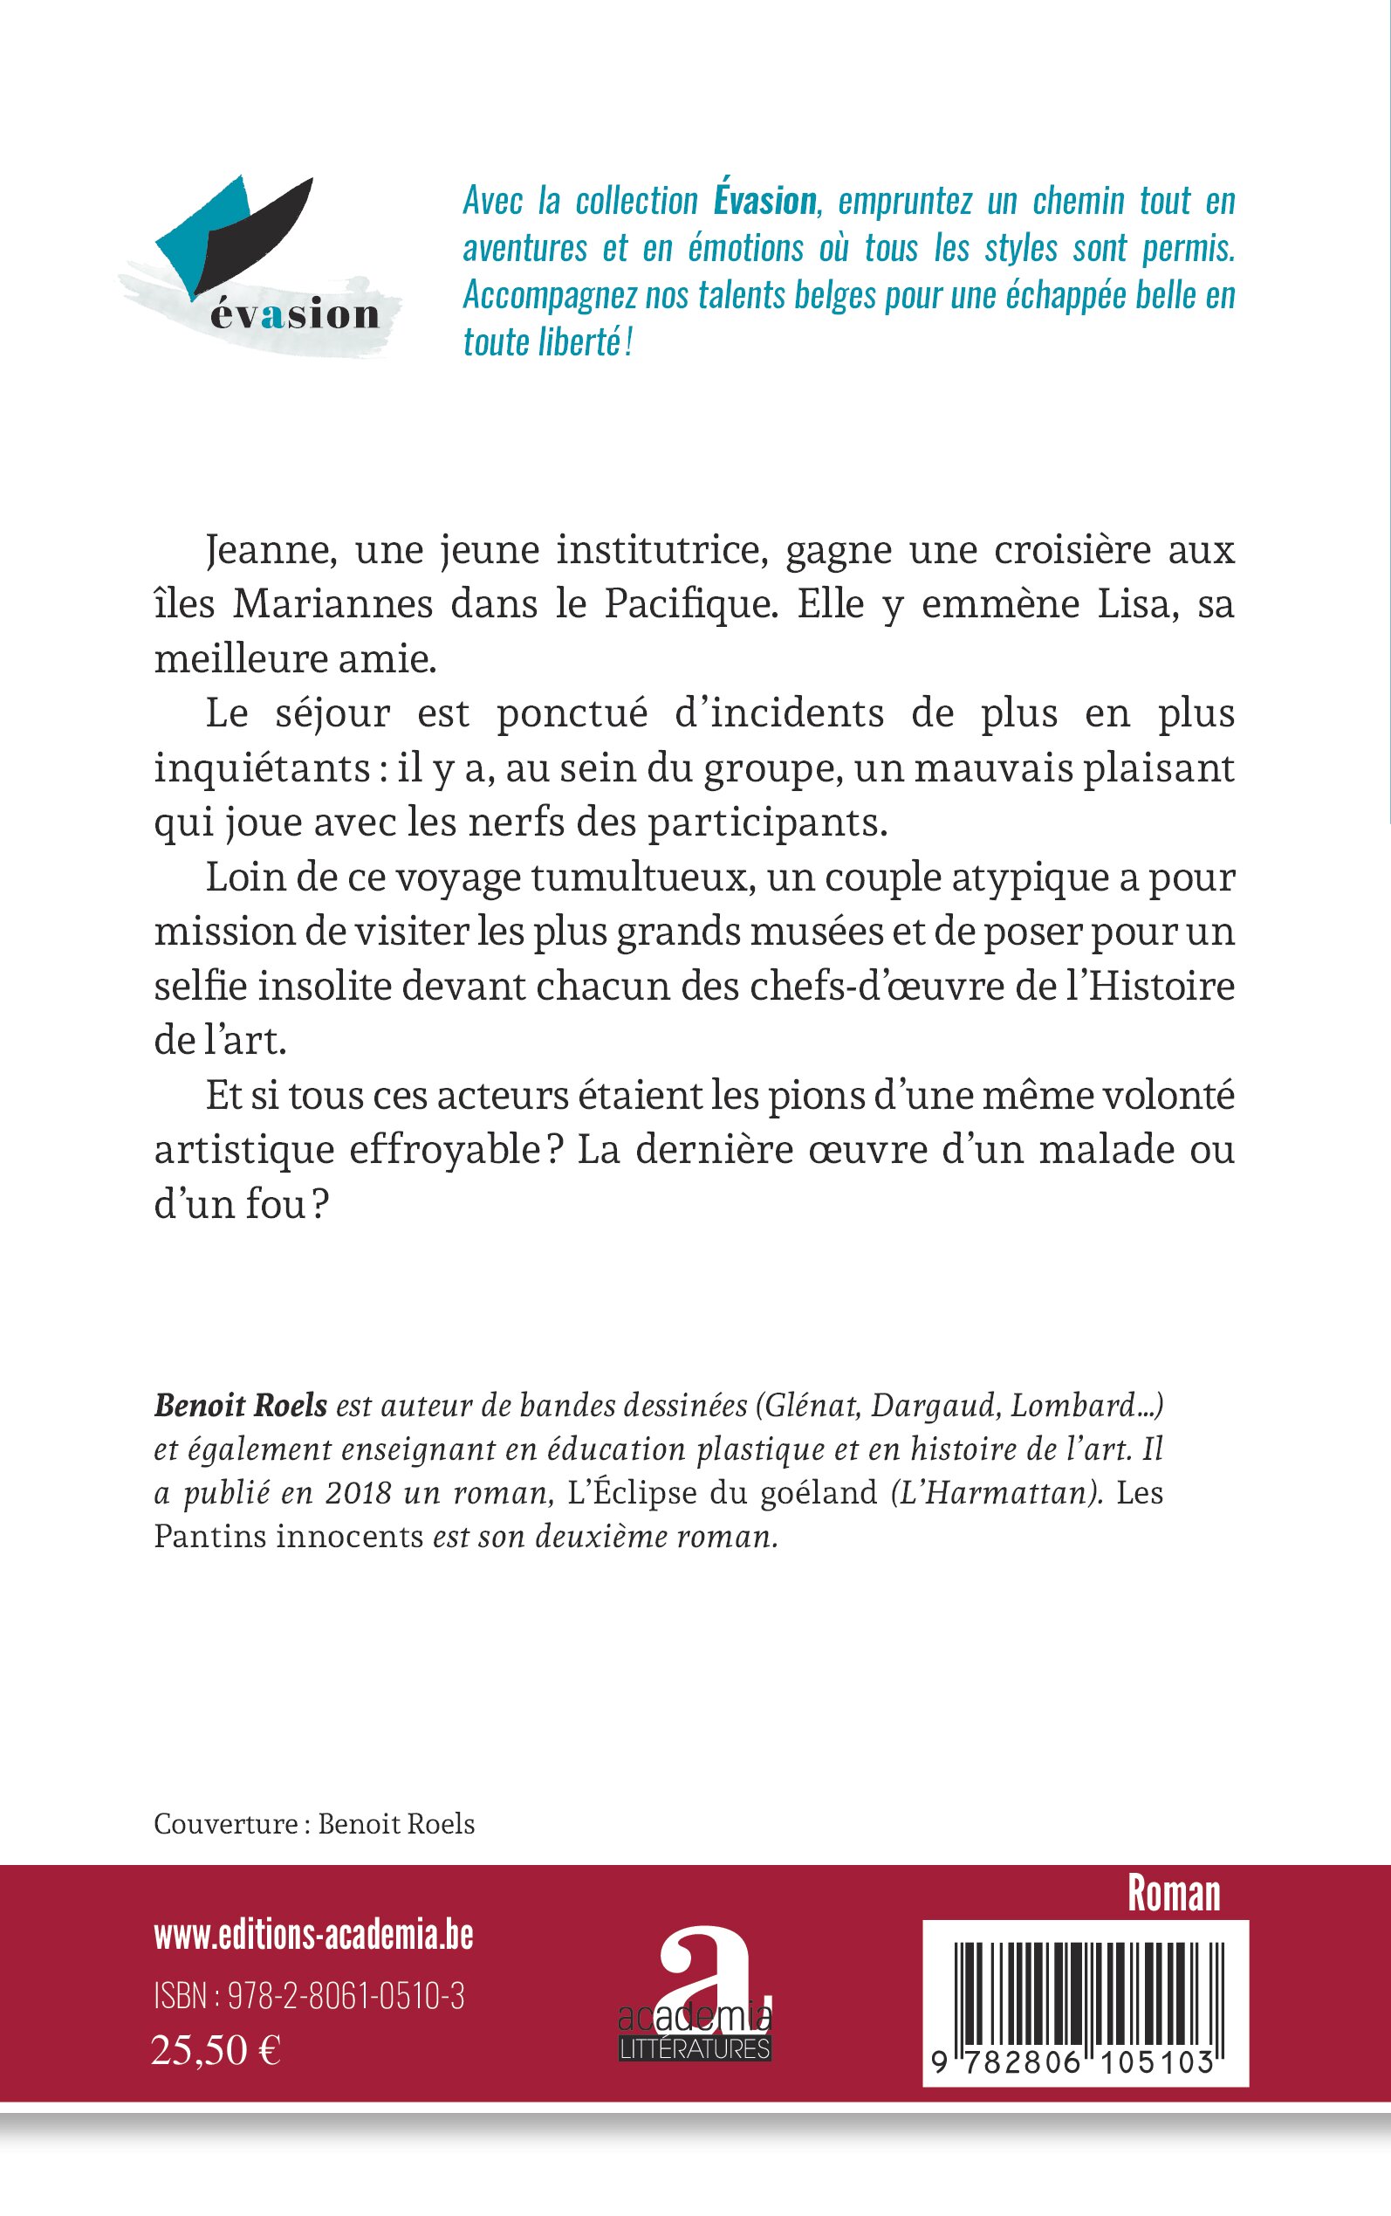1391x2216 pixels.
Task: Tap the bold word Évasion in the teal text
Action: (764, 201)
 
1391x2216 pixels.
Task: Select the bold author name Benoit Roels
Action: (241, 1405)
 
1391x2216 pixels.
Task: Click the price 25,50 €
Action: (216, 2049)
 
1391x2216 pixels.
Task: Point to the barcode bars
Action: (1086, 1979)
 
